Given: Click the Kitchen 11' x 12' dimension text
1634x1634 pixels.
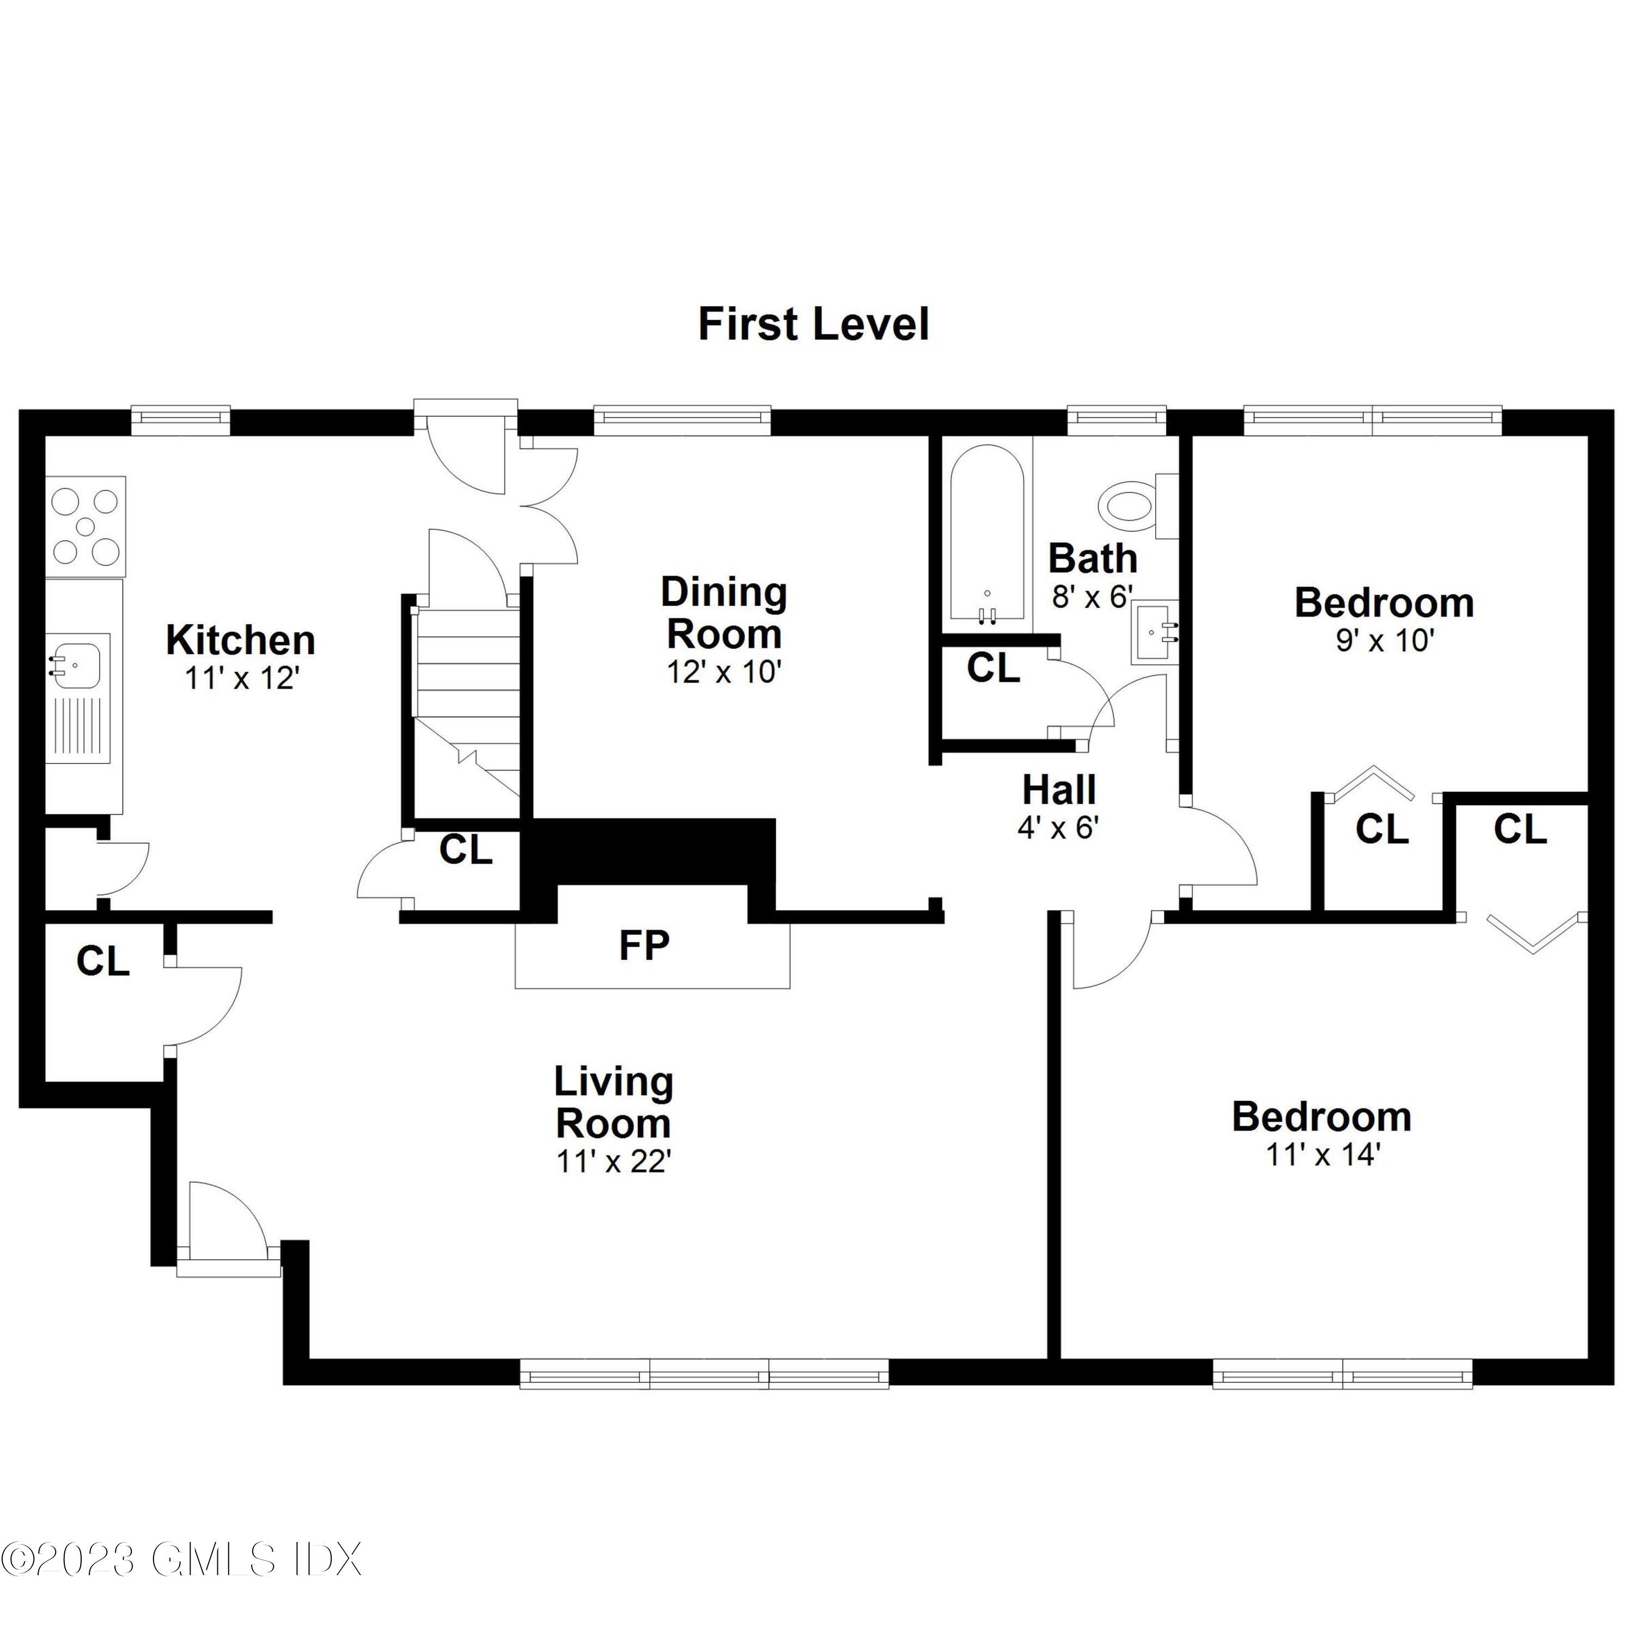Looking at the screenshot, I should pyautogui.click(x=242, y=678).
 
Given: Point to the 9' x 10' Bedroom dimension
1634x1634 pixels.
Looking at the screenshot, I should pyautogui.click(x=1385, y=641).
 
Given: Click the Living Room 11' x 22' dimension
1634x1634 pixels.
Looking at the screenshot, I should pyautogui.click(x=613, y=1162).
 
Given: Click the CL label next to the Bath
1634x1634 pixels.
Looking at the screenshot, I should pyautogui.click(x=993, y=669).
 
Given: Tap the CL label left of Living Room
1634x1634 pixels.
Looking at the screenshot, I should pyautogui.click(x=102, y=962).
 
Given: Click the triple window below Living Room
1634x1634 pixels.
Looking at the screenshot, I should pyautogui.click(x=704, y=1374).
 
